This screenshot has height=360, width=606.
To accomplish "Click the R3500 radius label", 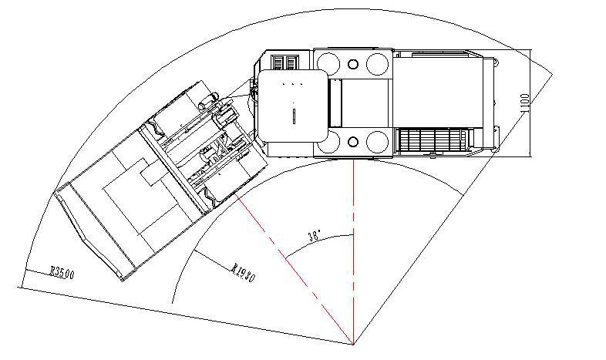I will pyautogui.click(x=62, y=272).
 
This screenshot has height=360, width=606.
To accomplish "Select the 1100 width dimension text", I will pyautogui.click(x=525, y=103).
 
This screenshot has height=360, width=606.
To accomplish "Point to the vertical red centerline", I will pyautogui.click(x=353, y=254).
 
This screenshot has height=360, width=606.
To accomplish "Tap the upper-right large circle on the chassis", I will pyautogui.click(x=378, y=62).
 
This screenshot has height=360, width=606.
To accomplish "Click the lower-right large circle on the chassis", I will pyautogui.click(x=378, y=142).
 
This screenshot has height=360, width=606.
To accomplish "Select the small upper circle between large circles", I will pyautogui.click(x=354, y=63).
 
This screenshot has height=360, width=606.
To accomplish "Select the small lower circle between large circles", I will pyautogui.click(x=354, y=142).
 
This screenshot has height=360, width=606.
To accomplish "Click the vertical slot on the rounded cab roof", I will pyautogui.click(x=294, y=116).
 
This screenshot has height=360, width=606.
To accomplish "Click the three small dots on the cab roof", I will pyautogui.click(x=294, y=82).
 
